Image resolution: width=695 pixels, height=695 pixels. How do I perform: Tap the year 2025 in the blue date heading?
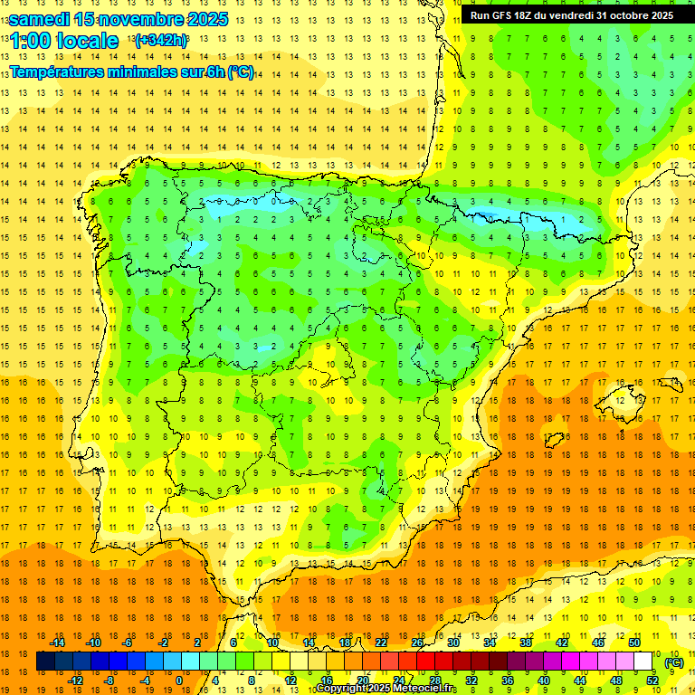pyautogui.click(x=204, y=19)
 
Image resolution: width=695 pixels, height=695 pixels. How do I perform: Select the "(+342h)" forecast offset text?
pyautogui.click(x=161, y=40)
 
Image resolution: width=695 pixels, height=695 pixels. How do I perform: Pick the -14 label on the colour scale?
pyautogui.click(x=58, y=643)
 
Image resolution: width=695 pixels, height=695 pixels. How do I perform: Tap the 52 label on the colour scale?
pyautogui.click(x=652, y=681)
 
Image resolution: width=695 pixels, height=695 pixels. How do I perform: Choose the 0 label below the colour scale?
pyautogui.click(x=178, y=681)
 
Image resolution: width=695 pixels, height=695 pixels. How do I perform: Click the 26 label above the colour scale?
pyautogui.click(x=417, y=643)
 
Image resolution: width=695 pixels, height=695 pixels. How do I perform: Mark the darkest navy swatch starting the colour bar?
pyautogui.click(x=45, y=662)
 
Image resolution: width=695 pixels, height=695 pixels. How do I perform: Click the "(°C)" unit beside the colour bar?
pyautogui.click(x=674, y=662)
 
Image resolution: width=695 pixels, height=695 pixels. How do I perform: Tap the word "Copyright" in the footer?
pyautogui.click(x=342, y=689)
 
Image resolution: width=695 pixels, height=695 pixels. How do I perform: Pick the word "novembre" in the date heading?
pyautogui.click(x=136, y=19)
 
